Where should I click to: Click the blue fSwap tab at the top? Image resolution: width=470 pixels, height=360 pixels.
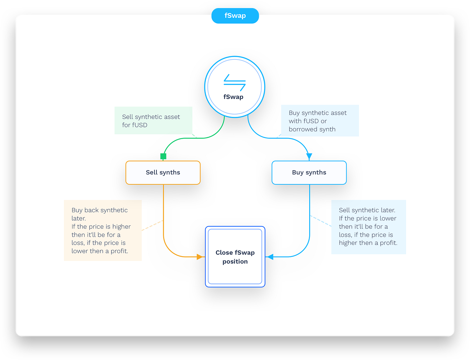pyautogui.click(x=235, y=16)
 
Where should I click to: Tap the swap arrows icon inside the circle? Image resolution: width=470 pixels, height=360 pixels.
pyautogui.click(x=235, y=82)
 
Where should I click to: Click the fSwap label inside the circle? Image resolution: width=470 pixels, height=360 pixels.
pyautogui.click(x=233, y=97)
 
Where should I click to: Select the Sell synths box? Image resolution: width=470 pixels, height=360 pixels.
pyautogui.click(x=163, y=173)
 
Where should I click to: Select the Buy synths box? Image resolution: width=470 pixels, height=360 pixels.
pyautogui.click(x=309, y=173)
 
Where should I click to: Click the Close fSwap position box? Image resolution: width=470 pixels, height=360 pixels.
pyautogui.click(x=235, y=257)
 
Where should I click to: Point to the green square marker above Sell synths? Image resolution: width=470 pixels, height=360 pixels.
pyautogui.click(x=163, y=156)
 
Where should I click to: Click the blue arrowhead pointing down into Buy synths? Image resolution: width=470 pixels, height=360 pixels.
pyautogui.click(x=309, y=156)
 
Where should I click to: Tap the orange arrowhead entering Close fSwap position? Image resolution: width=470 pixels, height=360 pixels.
pyautogui.click(x=200, y=257)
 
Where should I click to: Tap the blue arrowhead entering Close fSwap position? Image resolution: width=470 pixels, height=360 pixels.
pyautogui.click(x=270, y=257)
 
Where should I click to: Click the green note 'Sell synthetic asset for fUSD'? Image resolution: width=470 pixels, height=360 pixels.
pyautogui.click(x=153, y=121)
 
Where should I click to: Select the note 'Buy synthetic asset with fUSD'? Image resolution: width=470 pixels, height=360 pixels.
pyautogui.click(x=320, y=121)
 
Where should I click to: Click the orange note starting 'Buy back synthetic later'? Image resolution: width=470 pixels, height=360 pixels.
pyautogui.click(x=103, y=230)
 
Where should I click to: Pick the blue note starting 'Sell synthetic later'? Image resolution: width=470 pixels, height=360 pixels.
pyautogui.click(x=368, y=227)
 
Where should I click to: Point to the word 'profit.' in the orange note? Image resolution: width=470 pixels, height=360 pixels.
pyautogui.click(x=120, y=251)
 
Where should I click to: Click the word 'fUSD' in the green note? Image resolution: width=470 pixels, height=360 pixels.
pyautogui.click(x=139, y=125)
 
